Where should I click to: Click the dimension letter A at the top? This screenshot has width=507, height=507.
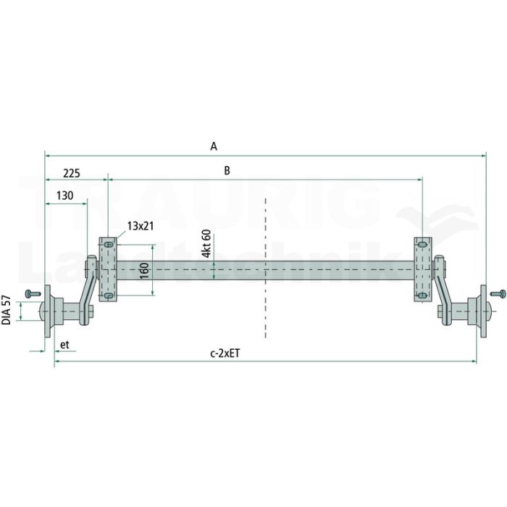pos(214,146)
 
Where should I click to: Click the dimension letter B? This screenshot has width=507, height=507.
pos(227,170)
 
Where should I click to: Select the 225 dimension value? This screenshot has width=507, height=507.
pos(72,174)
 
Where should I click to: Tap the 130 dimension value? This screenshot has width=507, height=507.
pos(64,196)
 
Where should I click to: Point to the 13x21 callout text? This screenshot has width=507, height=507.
pos(141,226)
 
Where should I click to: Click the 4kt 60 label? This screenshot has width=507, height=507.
pos(206,243)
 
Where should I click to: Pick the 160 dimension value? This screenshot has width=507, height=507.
pos(145,271)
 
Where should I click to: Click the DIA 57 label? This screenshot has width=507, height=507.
pos(6,310)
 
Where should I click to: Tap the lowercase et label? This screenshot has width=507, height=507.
pos(64,345)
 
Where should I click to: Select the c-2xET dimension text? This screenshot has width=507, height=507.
pos(225,353)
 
